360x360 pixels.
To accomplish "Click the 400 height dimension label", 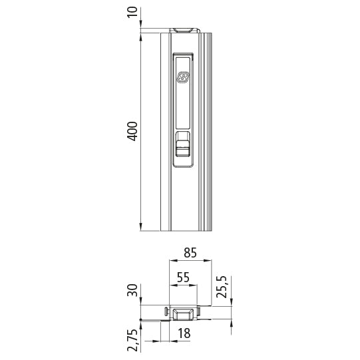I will pyautogui.click(x=132, y=131).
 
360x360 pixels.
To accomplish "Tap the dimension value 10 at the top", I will pyautogui.click(x=132, y=11).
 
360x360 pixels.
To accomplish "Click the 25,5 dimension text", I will pyautogui.click(x=223, y=287).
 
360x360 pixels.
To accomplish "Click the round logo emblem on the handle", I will pyautogui.click(x=184, y=79).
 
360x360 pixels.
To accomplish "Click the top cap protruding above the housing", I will pyautogui.click(x=184, y=29).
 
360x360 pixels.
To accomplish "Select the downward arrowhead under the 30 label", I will pyautogui.click(x=141, y=303).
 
